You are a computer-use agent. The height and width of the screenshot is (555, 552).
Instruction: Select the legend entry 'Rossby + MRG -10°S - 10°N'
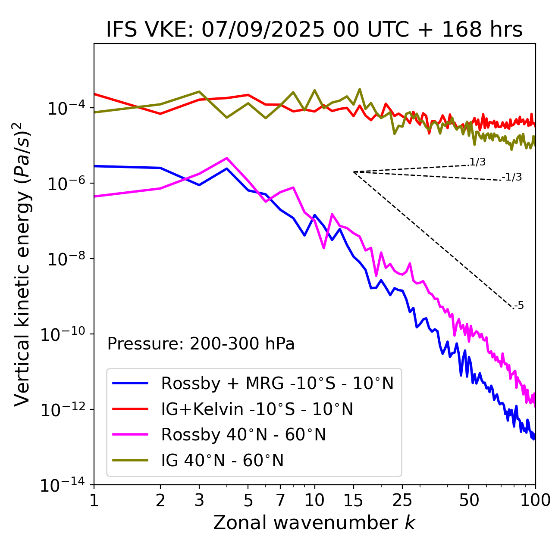point(277,383)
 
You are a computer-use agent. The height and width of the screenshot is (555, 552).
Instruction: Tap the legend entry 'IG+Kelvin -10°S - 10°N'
point(257,409)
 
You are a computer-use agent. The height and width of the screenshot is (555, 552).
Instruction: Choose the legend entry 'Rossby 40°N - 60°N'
point(243,435)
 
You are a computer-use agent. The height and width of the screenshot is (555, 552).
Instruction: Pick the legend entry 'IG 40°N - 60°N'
point(222,461)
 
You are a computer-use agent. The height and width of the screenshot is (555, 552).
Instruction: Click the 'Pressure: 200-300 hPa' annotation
point(201,344)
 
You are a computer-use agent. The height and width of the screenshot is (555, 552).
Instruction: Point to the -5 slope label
point(519,306)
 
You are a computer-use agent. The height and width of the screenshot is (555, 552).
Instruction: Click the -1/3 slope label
point(512,177)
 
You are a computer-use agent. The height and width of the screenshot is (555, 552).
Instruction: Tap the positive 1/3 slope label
point(477,162)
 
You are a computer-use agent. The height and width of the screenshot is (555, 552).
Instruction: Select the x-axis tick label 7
point(280,500)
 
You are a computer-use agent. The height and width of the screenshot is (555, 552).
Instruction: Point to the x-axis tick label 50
point(469,500)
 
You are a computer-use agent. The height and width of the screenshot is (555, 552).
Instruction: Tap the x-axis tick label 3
point(199,500)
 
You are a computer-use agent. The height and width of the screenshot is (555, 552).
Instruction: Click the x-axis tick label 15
point(353,500)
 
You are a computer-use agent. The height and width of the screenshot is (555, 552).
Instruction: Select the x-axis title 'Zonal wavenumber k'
point(314,523)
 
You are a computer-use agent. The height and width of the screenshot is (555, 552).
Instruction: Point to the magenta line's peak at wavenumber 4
point(227,158)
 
